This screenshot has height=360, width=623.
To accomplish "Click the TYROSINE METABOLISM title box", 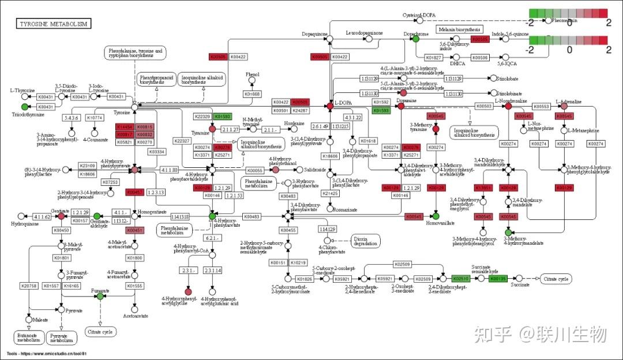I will pos(54,24).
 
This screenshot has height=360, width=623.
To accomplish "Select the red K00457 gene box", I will pos(134,192).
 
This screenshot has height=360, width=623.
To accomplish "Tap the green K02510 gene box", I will pos(461,279).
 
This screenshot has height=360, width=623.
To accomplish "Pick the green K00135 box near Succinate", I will pos(497,279).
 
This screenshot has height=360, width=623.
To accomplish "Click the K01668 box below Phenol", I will pos(252,94).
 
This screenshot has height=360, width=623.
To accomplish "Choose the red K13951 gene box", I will pos(483,188).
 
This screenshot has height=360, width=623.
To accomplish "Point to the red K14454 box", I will pos(125,126).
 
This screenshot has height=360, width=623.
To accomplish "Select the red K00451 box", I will pos(134,230).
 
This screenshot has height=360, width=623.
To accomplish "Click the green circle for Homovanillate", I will pos(436,216).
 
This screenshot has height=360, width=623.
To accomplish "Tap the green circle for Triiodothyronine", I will pos(24,107).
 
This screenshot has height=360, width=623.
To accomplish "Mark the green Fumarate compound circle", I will pos(100,296).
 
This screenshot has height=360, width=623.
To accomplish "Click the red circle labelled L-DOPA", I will pos(330,106).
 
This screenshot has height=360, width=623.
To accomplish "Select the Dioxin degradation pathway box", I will pos(364,241).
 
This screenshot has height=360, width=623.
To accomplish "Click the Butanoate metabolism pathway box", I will pos(27,337).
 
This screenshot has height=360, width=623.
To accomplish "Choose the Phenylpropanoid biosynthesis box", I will pos(156,79).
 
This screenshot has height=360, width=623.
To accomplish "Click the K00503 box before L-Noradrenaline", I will pos(485,106).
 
